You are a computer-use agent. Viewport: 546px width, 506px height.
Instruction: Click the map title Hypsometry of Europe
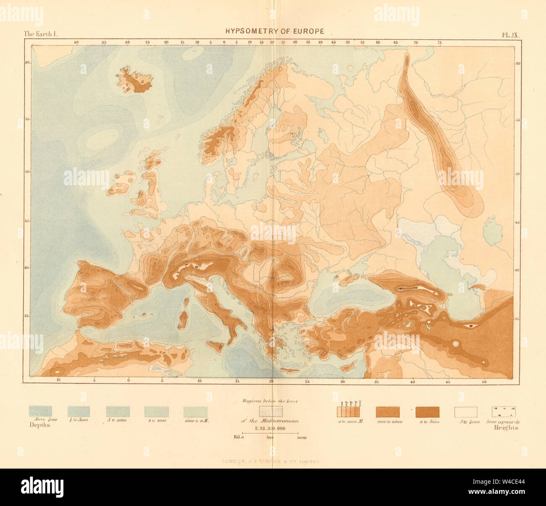click(275, 31)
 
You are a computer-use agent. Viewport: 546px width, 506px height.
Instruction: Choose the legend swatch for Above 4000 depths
click(40, 411)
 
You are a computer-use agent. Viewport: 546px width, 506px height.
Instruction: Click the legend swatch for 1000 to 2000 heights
click(387, 411)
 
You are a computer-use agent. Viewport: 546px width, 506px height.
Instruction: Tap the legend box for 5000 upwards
click(504, 411)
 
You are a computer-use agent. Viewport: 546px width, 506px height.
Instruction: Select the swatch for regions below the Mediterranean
click(270, 410)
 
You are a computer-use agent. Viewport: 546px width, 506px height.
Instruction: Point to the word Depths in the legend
click(39, 425)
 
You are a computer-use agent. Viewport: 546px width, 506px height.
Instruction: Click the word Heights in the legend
click(506, 428)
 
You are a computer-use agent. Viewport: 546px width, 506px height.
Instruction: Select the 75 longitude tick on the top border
click(440, 42)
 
